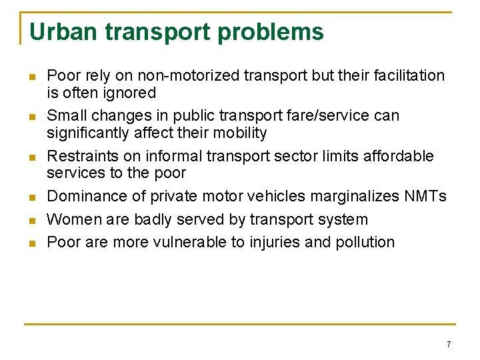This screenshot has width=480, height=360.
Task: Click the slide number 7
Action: [449, 345]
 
